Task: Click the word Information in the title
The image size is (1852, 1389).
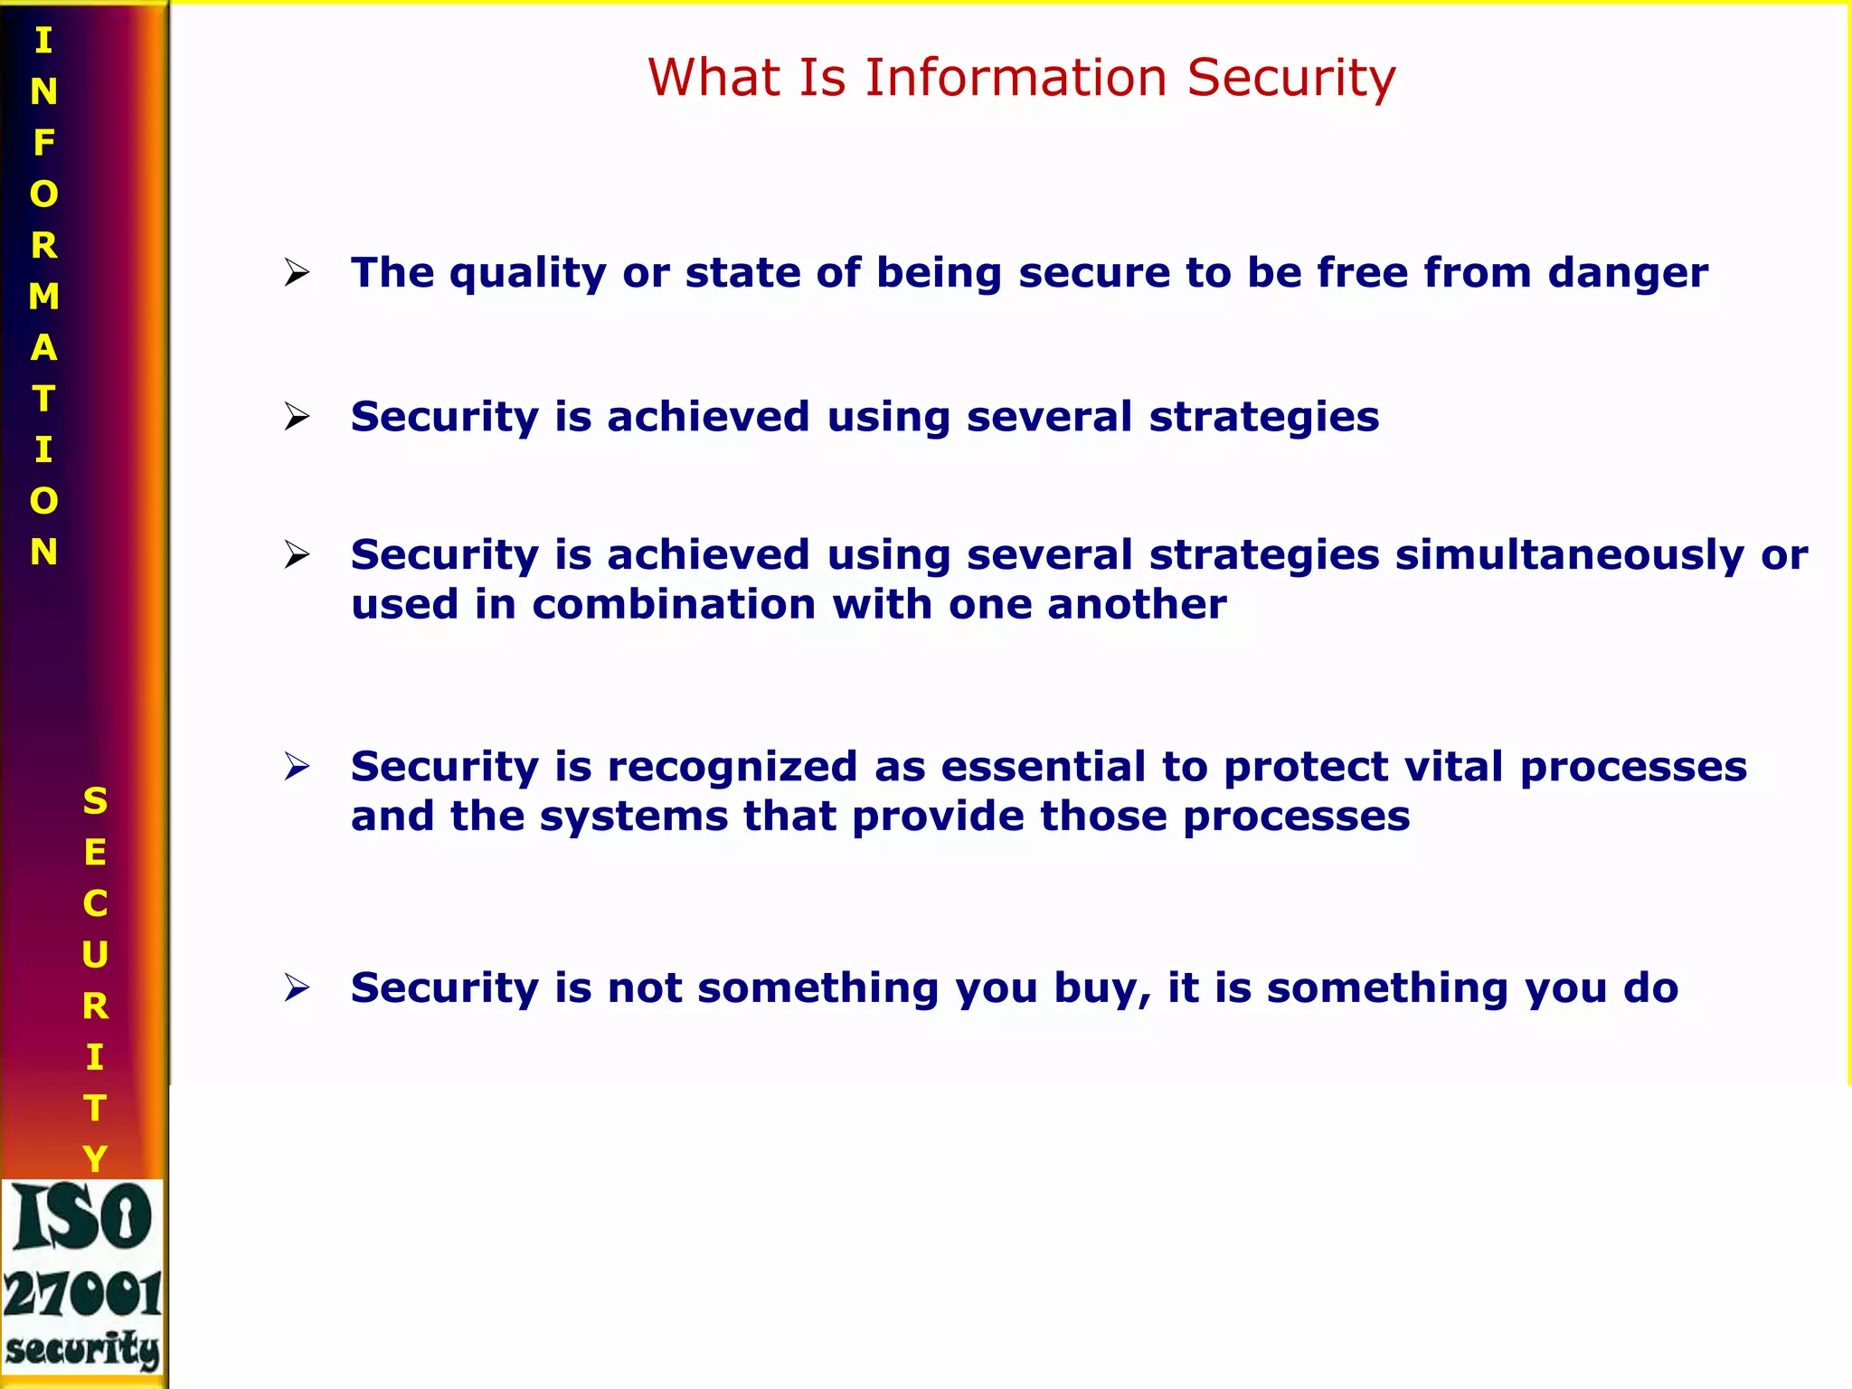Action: tap(1016, 78)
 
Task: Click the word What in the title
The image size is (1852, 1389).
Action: tap(714, 78)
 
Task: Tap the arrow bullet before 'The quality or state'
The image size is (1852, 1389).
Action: tap(297, 272)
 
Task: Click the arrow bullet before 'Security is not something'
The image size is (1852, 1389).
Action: tap(297, 987)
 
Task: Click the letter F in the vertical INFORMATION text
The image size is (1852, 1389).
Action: tap(43, 143)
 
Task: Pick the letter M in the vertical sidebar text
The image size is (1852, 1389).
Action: tap(43, 297)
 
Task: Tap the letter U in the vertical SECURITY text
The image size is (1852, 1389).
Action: tap(95, 955)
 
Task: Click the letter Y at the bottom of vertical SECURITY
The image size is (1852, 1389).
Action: tap(95, 1158)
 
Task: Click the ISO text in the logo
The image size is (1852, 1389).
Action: tap(83, 1217)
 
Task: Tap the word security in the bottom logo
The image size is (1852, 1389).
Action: tap(83, 1349)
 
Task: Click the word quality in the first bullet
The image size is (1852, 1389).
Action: tap(528, 274)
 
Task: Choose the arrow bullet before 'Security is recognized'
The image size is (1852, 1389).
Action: tap(297, 767)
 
